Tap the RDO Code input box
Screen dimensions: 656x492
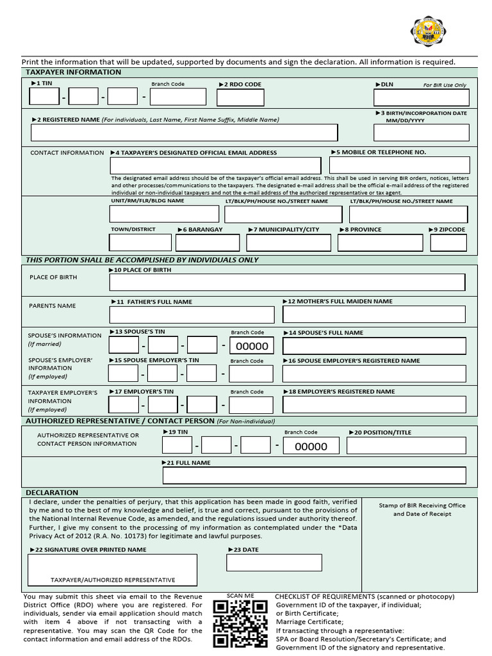click(240, 97)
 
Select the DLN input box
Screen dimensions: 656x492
click(421, 97)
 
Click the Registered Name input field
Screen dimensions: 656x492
click(184, 133)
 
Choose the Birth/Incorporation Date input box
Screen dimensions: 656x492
click(421, 133)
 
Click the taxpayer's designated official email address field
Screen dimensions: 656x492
click(215, 165)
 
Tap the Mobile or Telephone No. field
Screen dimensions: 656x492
click(399, 165)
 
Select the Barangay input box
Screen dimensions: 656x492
click(207, 243)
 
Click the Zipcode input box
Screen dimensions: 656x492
click(448, 243)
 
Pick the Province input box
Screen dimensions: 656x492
click(380, 243)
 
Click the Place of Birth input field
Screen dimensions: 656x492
click(287, 282)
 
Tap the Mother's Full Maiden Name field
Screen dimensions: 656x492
click(374, 315)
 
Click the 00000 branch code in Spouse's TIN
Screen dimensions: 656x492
click(252, 347)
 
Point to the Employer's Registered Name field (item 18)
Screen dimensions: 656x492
click(374, 405)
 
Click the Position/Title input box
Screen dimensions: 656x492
click(406, 446)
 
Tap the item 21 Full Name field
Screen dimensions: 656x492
click(314, 475)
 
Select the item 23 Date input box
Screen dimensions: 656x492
click(274, 562)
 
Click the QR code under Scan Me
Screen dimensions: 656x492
click(240, 624)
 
